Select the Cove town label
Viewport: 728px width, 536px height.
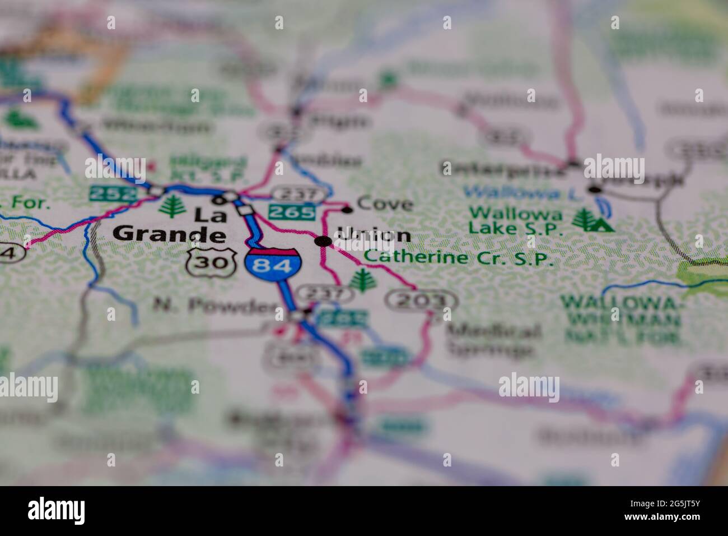click(x=385, y=204)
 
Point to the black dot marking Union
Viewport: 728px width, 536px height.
click(x=323, y=241)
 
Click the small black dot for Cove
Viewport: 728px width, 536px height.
click(x=347, y=210)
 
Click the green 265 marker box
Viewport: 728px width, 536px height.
click(x=291, y=212)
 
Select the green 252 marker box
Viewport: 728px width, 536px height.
click(x=113, y=194)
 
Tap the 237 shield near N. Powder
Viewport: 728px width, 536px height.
click(x=324, y=293)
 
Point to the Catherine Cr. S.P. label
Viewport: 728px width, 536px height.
click(x=459, y=258)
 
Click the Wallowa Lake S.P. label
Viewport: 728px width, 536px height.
click(x=515, y=221)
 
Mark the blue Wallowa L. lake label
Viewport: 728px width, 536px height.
click(x=512, y=193)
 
